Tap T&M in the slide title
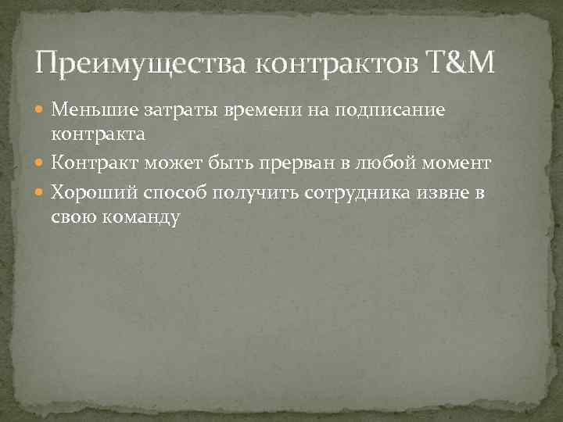pos(461,62)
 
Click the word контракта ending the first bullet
pos(98,134)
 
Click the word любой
pos(382,163)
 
